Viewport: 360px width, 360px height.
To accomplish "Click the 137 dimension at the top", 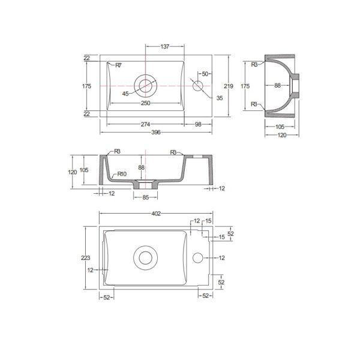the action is [165, 47].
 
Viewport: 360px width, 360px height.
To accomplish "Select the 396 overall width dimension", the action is [156, 132].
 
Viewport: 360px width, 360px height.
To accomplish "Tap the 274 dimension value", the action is [145, 124].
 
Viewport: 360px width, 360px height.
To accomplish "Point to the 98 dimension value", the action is [198, 124].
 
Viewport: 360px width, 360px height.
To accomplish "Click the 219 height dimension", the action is [229, 86].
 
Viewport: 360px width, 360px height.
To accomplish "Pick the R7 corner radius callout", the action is [118, 65].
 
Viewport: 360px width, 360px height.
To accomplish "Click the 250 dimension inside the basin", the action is [146, 103].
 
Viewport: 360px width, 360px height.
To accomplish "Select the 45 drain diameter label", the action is [125, 94].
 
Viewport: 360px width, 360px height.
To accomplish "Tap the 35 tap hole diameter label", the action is [220, 98].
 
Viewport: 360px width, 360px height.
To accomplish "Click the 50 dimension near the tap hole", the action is [205, 74].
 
